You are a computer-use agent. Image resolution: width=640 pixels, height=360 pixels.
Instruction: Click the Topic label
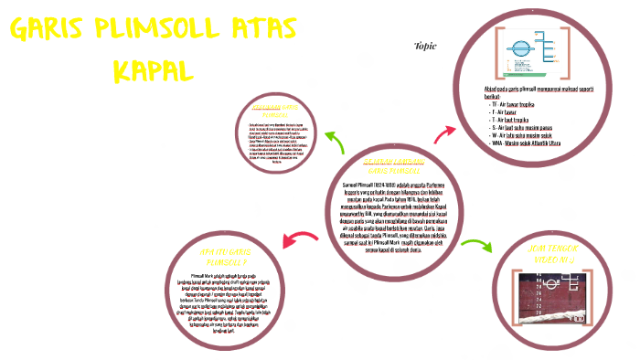pyautogui.click(x=425, y=46)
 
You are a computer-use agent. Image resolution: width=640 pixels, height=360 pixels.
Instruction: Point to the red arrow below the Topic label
pyautogui.click(x=445, y=133)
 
